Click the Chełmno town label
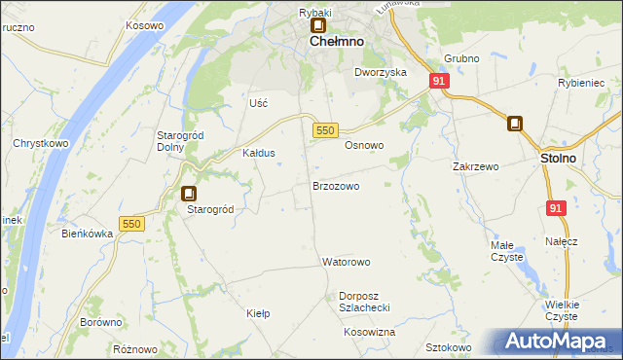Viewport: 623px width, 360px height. coord(337,44)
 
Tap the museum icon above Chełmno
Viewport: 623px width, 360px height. coord(318,26)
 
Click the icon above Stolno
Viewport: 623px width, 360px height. coord(515,124)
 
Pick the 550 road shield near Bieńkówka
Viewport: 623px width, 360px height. coord(131,224)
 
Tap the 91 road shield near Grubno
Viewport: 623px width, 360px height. coord(439,82)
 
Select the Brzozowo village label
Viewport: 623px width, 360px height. coord(336,185)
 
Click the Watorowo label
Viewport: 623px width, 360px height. coord(347,263)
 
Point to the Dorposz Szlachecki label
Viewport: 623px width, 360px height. coord(364,302)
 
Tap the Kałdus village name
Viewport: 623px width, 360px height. coord(259,154)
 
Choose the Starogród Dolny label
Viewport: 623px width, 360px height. coord(178,141)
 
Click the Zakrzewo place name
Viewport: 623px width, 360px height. coord(476,166)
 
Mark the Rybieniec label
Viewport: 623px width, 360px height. coord(582,84)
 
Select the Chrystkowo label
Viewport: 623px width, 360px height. coord(38,143)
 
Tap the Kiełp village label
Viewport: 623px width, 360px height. coord(258,313)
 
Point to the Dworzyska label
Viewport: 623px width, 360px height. coord(380,73)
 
